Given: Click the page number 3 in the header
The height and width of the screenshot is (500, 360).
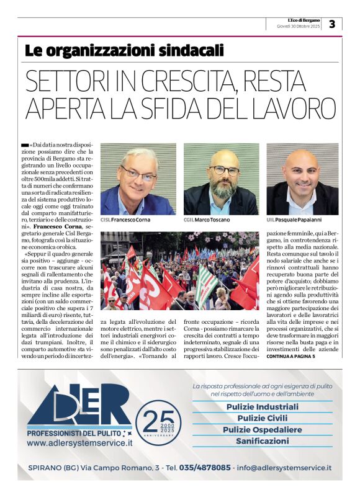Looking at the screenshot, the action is pos(332,24).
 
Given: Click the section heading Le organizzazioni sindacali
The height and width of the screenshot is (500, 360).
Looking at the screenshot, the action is pos(124,50).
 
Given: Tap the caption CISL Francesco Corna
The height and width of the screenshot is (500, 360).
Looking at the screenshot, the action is pos(125,220).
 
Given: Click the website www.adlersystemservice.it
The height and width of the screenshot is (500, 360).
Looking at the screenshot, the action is pos(79,444).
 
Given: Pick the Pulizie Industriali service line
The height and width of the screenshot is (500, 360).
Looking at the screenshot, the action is pos(262,407).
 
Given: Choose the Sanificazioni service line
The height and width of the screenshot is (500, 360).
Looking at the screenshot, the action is pos(262,441).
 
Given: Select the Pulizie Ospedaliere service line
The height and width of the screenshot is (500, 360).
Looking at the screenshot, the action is pos(262,429).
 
